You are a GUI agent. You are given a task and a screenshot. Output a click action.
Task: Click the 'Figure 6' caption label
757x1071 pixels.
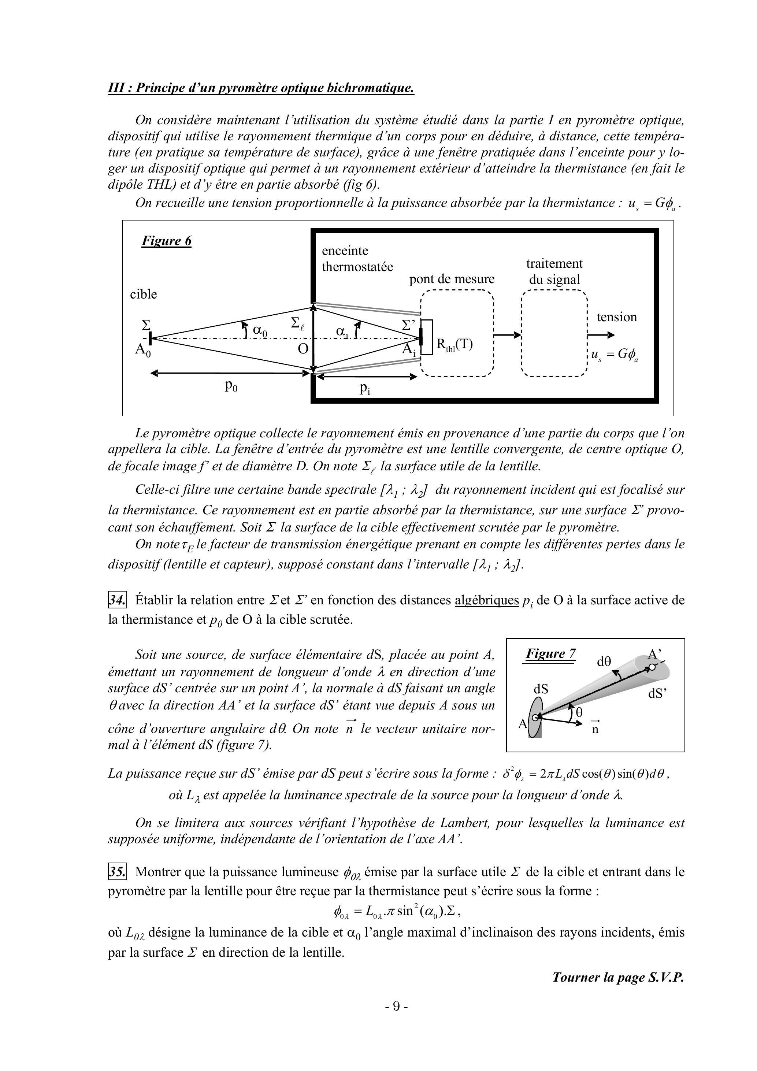pos(167,241)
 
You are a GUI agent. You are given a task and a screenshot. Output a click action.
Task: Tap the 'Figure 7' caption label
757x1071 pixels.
pos(550,653)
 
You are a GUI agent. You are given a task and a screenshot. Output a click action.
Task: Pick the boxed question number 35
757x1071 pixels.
pos(117,871)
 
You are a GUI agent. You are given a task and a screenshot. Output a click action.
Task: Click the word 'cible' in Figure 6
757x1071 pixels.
pos(143,294)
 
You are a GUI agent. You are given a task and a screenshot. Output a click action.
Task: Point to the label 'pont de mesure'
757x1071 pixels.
pos(452,279)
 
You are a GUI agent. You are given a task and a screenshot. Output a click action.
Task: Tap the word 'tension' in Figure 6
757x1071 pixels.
pos(617,317)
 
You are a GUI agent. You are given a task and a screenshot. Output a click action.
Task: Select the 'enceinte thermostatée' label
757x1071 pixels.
pos(357,259)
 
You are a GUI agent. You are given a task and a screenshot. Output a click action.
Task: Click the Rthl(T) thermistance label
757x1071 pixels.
pos(454,344)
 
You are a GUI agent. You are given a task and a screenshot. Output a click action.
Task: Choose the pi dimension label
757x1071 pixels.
pos(365,389)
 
